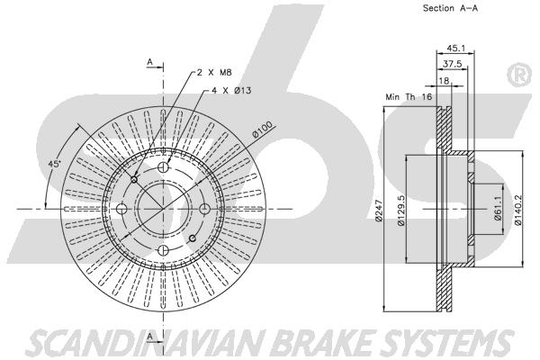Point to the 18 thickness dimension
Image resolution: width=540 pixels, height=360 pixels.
444,80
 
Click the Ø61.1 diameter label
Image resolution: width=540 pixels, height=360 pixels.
496,213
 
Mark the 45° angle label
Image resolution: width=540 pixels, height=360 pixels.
53,164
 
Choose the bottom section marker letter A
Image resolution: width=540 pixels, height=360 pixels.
150,337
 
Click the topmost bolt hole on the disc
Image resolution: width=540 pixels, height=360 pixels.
164,168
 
